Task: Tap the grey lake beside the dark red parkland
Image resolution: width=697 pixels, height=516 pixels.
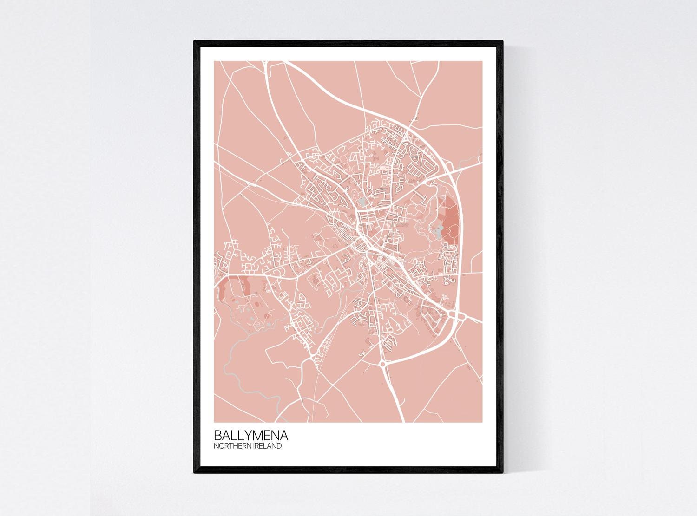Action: [436, 229]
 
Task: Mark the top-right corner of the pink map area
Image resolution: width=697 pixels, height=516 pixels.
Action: [483, 61]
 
